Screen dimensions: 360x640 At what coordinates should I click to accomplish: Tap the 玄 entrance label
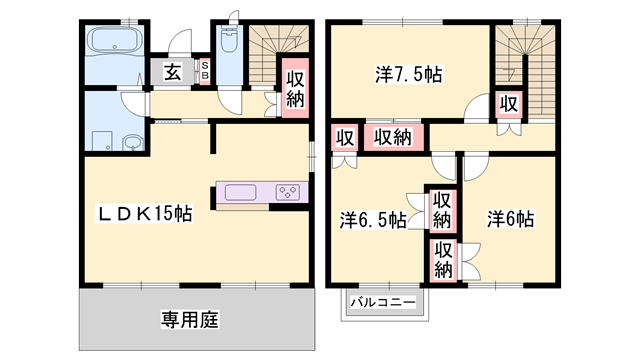(x=173, y=71)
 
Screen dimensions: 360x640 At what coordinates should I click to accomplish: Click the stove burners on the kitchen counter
(x=287, y=192)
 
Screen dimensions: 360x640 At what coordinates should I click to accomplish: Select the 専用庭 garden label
(x=189, y=321)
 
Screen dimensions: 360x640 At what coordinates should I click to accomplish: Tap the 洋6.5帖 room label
(x=372, y=220)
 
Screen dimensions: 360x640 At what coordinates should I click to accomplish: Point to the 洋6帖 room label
(x=510, y=219)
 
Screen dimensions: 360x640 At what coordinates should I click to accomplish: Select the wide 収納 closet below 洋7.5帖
(x=393, y=137)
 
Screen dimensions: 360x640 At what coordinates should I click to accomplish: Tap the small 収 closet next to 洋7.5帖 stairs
(x=508, y=103)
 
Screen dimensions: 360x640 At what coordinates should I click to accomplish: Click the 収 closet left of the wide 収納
(x=345, y=138)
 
